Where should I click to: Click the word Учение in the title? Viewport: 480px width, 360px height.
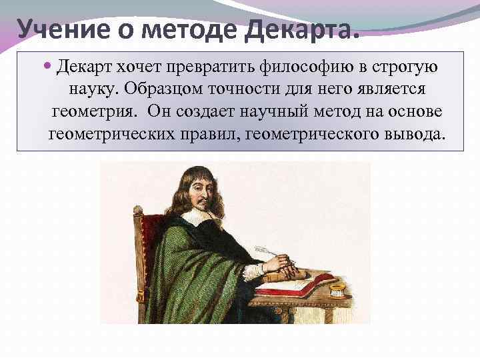coord(56,29)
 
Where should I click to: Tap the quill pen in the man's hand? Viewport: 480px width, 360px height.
coord(267,252)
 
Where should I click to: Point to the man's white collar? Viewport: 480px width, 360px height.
coord(197,217)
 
